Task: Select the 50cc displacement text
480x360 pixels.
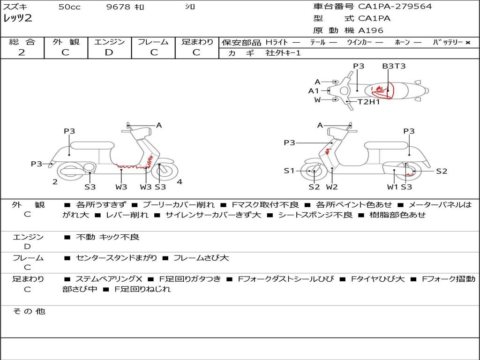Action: (x=69, y=7)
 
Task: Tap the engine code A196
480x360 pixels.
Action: (x=371, y=30)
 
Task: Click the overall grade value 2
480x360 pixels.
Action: (x=22, y=52)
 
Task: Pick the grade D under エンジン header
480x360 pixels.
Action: (x=109, y=52)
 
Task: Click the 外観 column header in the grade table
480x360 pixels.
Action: (x=66, y=42)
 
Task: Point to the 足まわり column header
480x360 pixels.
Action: (x=197, y=42)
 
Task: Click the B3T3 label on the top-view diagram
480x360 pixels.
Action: (x=393, y=66)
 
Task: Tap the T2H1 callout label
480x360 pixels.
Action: (x=369, y=102)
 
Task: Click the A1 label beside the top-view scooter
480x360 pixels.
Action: (x=314, y=91)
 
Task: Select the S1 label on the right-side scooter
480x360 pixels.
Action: (x=289, y=171)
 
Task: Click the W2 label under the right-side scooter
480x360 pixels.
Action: (x=332, y=187)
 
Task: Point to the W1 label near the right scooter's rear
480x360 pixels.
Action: (x=392, y=187)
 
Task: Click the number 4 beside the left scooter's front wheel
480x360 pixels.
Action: (x=180, y=182)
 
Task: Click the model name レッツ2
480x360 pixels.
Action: (x=18, y=19)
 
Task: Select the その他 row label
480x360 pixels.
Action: (x=29, y=311)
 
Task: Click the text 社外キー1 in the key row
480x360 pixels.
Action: (x=283, y=53)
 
